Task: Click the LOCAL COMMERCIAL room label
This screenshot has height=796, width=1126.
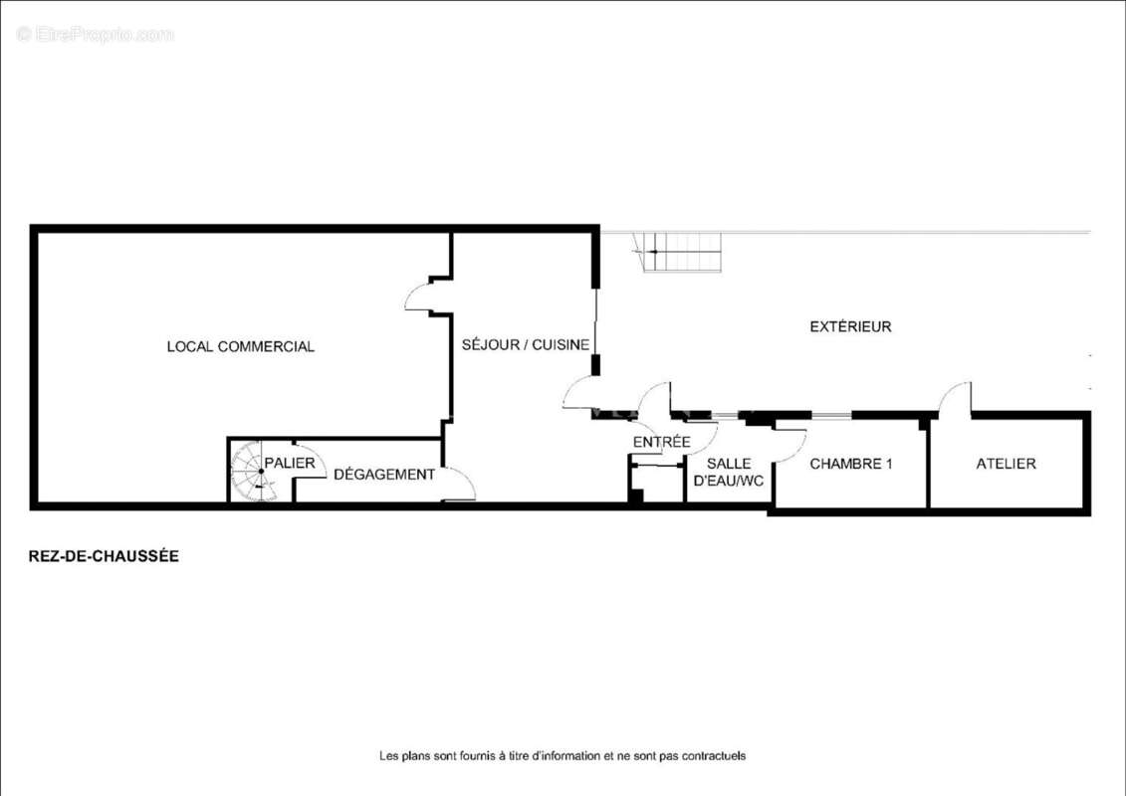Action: point(241,346)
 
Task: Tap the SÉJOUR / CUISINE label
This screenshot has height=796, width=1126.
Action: point(526,344)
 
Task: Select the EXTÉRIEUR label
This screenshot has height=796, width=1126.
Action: point(850,326)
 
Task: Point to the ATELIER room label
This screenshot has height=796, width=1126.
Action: point(1006,464)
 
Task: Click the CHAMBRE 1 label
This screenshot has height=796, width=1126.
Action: point(851,464)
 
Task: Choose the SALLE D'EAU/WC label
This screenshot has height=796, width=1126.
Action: point(728,473)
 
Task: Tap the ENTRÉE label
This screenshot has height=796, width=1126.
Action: point(661,442)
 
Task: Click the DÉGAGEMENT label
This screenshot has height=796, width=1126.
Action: point(384,475)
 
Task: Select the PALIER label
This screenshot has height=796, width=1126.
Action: point(290,463)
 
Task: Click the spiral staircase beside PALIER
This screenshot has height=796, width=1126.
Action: point(254,472)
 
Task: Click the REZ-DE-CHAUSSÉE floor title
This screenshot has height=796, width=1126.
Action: point(104,556)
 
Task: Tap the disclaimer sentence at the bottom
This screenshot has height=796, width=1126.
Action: point(563,756)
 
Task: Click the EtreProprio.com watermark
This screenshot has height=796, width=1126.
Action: point(95,35)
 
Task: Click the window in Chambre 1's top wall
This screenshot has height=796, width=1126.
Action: point(831,415)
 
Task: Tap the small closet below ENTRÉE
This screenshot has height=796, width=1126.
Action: point(656,483)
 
